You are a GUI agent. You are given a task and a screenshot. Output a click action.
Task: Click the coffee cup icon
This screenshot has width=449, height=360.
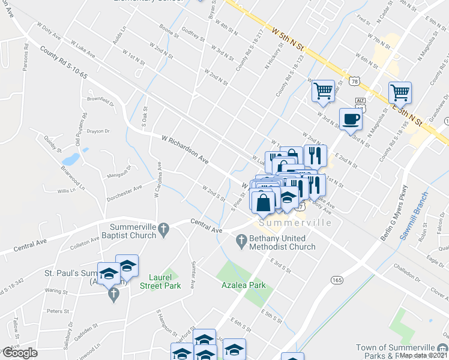pyautogui.click(x=351, y=118)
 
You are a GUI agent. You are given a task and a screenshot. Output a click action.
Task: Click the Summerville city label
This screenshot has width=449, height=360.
pyautogui.click(x=294, y=223)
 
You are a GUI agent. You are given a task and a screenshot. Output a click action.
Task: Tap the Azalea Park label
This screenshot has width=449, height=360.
pyautogui.click(x=243, y=286)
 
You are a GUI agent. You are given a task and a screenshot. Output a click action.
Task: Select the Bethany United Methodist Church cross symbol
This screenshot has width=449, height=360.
pyautogui.click(x=240, y=241)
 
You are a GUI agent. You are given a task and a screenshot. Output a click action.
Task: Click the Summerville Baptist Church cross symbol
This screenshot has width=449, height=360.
pyautogui.click(x=164, y=227)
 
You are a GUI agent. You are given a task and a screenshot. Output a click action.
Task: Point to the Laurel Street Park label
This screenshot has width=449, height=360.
pyautogui.click(x=164, y=281)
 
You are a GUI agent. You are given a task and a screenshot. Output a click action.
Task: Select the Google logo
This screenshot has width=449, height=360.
pyautogui.click(x=19, y=353)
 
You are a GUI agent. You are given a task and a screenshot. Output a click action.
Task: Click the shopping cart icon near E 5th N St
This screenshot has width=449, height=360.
pyautogui.click(x=400, y=92)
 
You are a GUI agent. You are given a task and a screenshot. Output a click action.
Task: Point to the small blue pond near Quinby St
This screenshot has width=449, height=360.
pyautogui.click(x=70, y=159)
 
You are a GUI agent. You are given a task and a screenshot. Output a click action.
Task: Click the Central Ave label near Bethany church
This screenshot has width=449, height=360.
pyautogui.click(x=206, y=227)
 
